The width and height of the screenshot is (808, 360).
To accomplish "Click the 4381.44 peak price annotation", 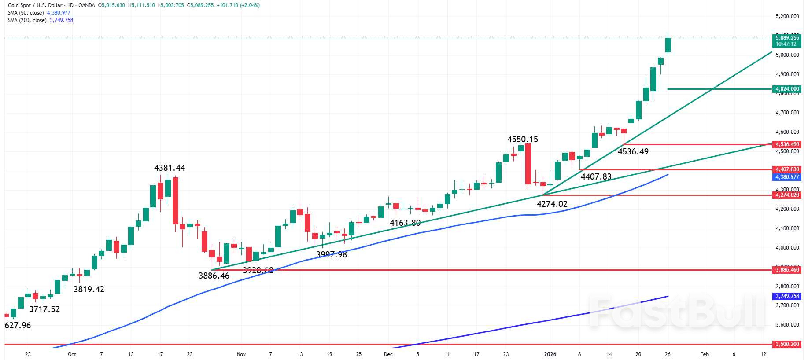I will click(x=170, y=168).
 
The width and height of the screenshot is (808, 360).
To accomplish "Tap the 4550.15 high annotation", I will click(x=522, y=140).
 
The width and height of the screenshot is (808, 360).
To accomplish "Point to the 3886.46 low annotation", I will click(x=214, y=276).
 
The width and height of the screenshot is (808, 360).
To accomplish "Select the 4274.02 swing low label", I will click(x=552, y=204).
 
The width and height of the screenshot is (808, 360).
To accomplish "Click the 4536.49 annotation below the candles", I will click(x=633, y=152).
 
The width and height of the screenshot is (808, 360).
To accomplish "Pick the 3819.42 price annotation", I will click(x=89, y=289).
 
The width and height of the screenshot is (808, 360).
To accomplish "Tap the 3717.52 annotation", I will click(x=44, y=309).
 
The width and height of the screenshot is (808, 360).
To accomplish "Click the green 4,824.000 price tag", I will click(x=787, y=89).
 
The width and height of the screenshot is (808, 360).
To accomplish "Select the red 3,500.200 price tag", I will click(x=787, y=344).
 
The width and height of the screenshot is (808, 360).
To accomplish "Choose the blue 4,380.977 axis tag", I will click(x=787, y=177).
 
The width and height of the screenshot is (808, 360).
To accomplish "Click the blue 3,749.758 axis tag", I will click(x=787, y=296).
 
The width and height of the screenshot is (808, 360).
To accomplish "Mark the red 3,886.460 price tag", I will click(x=787, y=270).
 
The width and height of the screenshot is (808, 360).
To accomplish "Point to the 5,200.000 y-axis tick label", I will click(x=787, y=16).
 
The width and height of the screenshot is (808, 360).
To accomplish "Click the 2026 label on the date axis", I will click(x=550, y=354).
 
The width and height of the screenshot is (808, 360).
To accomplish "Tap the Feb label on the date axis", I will click(x=705, y=354).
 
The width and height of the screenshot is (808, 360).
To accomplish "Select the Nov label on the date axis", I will click(x=241, y=354).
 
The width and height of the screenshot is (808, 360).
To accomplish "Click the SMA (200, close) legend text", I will click(x=27, y=20).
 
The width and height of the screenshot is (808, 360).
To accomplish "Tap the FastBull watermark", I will click(x=677, y=312).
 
